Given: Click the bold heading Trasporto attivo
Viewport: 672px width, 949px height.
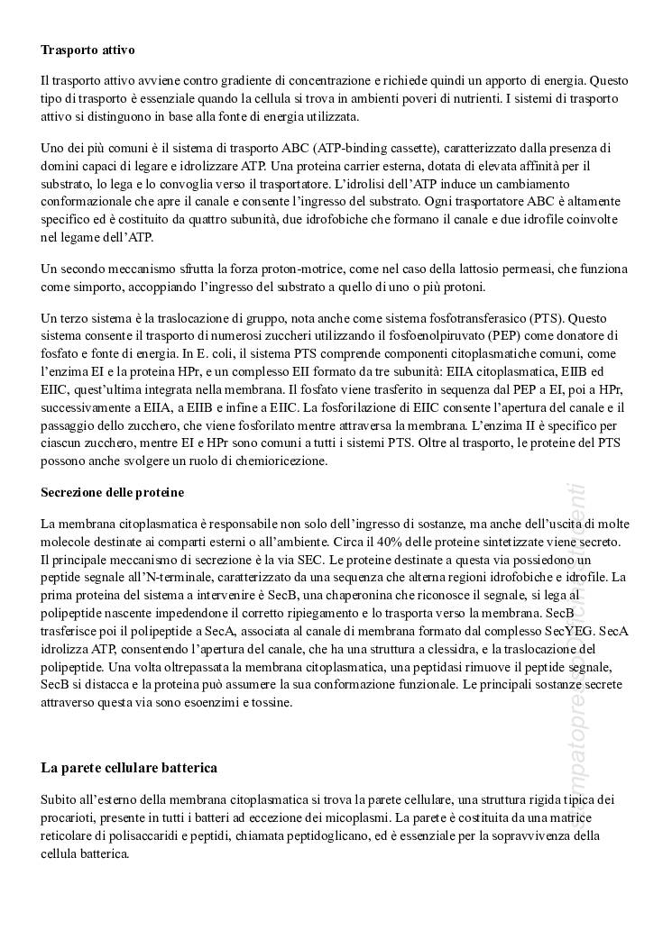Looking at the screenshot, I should click(88, 48).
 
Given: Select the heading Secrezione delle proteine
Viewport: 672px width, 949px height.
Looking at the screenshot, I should click(113, 492).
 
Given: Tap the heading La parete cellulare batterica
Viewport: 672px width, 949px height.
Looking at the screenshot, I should click(129, 768).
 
